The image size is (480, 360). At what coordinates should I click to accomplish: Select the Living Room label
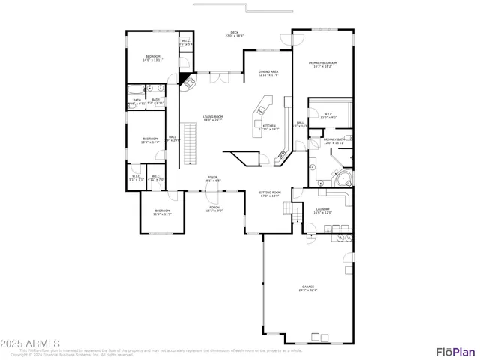[x=212, y=118]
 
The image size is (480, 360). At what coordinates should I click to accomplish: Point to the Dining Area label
[x=268, y=73]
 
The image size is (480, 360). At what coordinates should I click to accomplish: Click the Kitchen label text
[x=268, y=127]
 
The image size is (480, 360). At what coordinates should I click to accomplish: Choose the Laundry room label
[x=322, y=211]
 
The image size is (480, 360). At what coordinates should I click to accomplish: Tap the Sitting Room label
[x=270, y=194]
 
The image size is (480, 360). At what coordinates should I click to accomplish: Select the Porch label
[x=214, y=208]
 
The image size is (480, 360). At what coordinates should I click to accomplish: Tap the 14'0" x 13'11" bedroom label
[x=152, y=58]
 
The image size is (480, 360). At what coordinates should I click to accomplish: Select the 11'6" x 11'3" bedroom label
[x=163, y=212]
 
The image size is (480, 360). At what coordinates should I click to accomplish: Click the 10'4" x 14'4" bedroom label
[x=151, y=140]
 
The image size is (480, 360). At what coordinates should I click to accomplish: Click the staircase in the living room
[x=190, y=145]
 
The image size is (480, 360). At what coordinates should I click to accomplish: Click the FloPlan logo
[x=455, y=351]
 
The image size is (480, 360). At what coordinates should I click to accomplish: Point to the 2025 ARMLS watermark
[x=24, y=345]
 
